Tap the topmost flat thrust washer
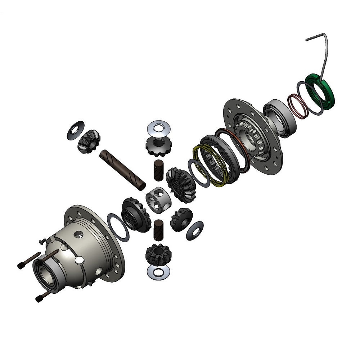coord(159,127)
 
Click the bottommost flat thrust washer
coord(159,273)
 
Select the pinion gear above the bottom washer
coord(158,253)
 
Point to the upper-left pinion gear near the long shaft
coord(89,141)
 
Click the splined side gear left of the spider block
coord(136,215)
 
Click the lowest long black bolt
coord(43,297)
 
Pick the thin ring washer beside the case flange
coord(118,226)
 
